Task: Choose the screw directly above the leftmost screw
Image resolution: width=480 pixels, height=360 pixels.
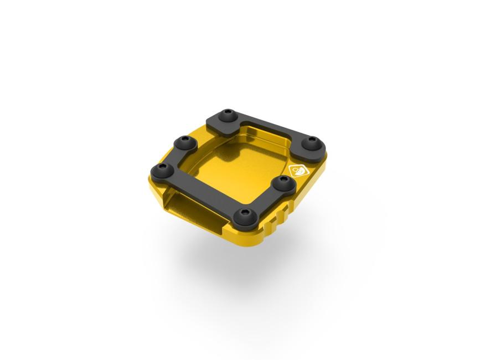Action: coord(182,143)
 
